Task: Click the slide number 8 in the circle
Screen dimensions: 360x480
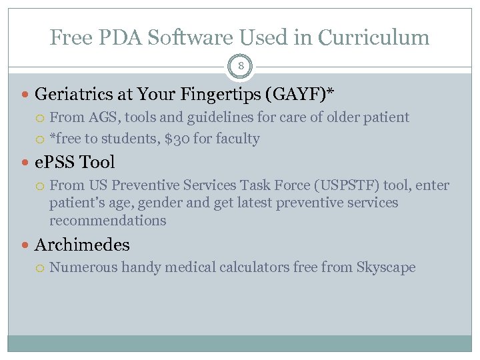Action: coord(240,67)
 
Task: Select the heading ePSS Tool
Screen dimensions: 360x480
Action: coord(74,162)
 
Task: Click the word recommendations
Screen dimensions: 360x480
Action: coord(107,220)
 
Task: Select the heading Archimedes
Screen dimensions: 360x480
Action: coord(81,245)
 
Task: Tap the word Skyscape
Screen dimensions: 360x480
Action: coord(385,267)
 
